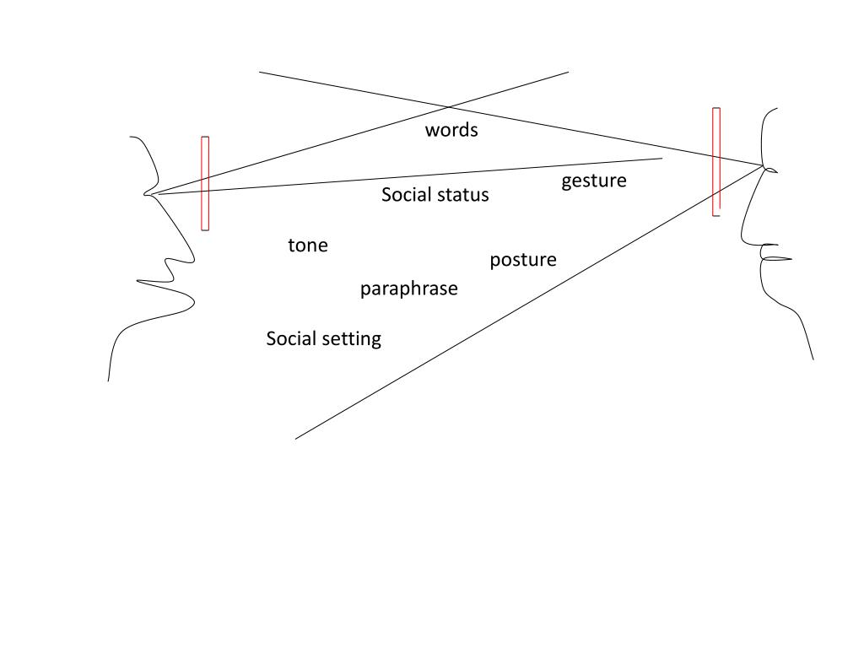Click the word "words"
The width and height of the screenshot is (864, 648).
tap(451, 130)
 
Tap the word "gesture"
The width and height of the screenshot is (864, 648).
tap(594, 181)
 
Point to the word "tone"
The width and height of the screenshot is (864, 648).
tap(308, 246)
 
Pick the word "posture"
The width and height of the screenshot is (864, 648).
tap(523, 261)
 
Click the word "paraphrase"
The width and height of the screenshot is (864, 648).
tap(409, 289)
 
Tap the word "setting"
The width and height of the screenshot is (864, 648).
tap(354, 339)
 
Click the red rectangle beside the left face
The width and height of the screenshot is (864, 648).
tap(205, 183)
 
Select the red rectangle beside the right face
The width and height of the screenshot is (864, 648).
tap(716, 161)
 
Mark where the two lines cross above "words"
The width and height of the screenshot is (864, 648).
tap(448, 107)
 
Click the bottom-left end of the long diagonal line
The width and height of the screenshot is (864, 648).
tap(296, 439)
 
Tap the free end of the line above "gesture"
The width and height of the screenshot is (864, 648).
tap(662, 158)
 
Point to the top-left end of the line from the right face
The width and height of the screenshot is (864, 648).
tap(260, 73)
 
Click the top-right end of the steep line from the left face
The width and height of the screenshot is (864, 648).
tap(568, 73)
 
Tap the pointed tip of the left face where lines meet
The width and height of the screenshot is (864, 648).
tap(147, 194)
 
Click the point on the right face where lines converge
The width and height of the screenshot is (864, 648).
tap(764, 166)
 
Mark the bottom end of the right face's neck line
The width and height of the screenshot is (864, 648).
tap(813, 359)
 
